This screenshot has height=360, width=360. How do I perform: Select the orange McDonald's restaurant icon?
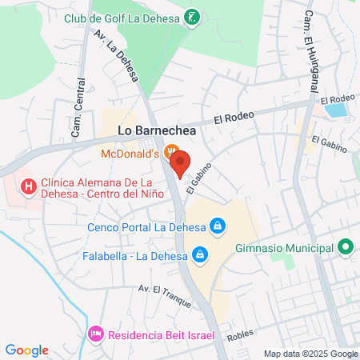(170, 151)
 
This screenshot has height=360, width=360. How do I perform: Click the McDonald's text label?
(130, 152)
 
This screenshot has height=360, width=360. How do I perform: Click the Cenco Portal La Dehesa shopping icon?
(216, 227)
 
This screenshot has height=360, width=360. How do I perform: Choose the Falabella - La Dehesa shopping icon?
(200, 256)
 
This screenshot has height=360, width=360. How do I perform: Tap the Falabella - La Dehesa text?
(134, 256)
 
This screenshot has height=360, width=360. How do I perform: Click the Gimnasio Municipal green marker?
(346, 248)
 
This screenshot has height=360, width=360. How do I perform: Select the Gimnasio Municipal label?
(284, 248)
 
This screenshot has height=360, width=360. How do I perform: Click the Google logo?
(27, 350)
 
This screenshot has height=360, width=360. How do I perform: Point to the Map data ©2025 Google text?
(311, 354)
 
